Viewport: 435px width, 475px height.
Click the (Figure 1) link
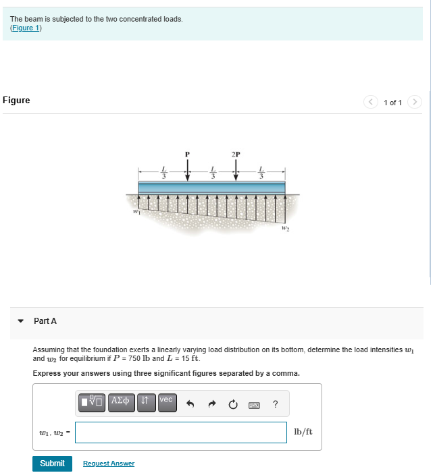click(26, 28)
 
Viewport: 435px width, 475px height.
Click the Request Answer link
click(108, 464)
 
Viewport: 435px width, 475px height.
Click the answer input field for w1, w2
click(180, 432)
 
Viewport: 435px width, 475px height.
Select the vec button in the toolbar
click(166, 401)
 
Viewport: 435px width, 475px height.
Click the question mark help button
click(275, 404)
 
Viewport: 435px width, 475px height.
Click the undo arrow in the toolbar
click(190, 404)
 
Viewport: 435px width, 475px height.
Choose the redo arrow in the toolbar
click(212, 404)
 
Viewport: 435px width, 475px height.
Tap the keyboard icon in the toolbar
click(254, 405)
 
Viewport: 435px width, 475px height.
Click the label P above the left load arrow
click(187, 154)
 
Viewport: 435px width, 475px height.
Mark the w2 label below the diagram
click(286, 229)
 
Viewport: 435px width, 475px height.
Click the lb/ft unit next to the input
click(303, 432)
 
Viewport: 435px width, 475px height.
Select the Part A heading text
click(45, 321)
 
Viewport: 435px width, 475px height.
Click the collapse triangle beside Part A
click(21, 321)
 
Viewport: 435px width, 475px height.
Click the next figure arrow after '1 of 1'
click(415, 103)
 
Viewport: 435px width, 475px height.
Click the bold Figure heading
click(16, 101)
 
